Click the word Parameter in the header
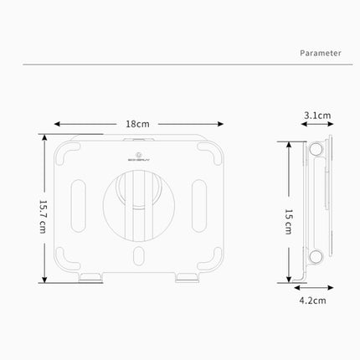[x=321, y=52]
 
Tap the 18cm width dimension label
[x=137, y=123]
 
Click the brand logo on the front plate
[x=138, y=154]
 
